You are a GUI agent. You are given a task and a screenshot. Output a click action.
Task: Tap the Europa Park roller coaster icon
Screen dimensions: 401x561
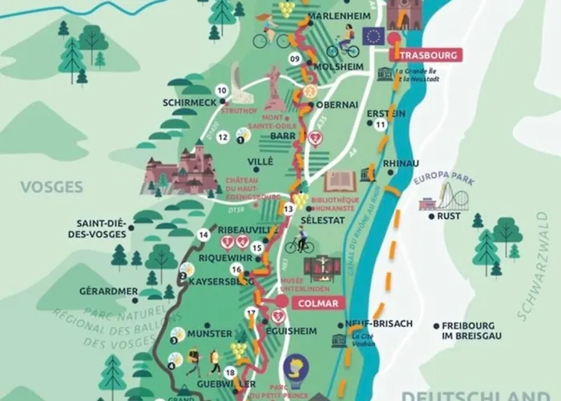point(439,196)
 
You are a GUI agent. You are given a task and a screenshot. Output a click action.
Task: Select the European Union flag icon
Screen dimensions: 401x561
point(371,35)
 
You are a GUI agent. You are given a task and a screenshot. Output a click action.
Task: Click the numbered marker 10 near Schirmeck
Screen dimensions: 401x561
point(221,91)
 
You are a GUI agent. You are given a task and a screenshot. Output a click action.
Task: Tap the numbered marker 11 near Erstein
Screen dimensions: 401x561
point(381,125)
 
